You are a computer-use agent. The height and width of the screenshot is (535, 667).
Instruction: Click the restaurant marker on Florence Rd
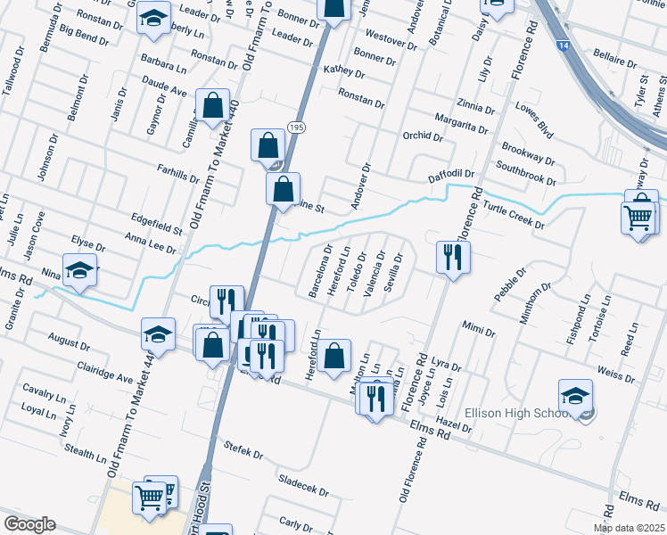453,257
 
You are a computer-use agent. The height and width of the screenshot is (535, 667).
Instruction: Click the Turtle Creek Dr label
514,213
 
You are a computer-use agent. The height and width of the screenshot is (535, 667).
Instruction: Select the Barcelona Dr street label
314,272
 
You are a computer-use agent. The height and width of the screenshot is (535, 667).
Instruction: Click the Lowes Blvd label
533,123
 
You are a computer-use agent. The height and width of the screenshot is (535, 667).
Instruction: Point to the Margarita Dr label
461,122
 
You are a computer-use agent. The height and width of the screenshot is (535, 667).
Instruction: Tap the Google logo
29,524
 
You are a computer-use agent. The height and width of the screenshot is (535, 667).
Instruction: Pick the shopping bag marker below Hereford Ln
333,355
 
